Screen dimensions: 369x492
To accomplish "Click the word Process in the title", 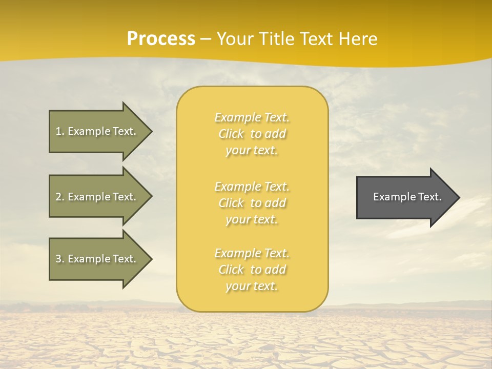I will click(x=161, y=39).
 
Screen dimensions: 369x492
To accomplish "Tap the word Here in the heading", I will click(x=357, y=39).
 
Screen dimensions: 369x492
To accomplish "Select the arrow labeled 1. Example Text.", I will click(x=97, y=131).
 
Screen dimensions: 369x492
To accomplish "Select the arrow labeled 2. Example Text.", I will click(x=97, y=196).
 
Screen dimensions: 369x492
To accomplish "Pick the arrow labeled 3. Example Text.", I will click(x=97, y=259).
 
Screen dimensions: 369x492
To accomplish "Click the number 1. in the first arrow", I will click(x=60, y=132).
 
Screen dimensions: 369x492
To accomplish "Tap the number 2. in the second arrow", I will click(x=60, y=197).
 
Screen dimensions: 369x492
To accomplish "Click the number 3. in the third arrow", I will click(x=60, y=259).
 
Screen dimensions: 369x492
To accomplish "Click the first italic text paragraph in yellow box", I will click(x=252, y=134).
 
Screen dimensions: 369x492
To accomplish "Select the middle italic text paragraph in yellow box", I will click(x=252, y=203).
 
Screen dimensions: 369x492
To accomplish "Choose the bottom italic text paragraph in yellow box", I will click(x=252, y=270).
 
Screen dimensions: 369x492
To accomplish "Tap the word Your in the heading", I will click(x=235, y=39).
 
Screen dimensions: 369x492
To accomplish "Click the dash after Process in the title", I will click(x=206, y=39).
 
